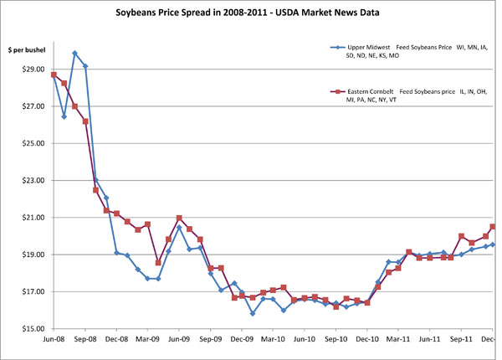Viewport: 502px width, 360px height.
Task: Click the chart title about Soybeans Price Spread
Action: (x=251, y=15)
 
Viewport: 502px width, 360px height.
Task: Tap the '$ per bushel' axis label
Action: (x=26, y=52)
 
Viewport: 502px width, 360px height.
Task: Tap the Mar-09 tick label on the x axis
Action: (x=147, y=340)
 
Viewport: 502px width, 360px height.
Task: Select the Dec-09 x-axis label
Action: (x=242, y=340)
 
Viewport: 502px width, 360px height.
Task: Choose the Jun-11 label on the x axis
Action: (x=430, y=340)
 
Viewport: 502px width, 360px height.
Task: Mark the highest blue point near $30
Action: (x=75, y=54)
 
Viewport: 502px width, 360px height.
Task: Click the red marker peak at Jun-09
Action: (x=179, y=218)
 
